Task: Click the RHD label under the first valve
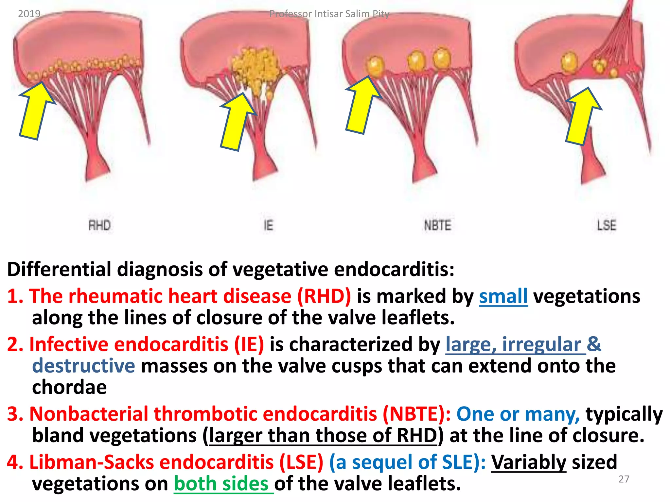(99, 225)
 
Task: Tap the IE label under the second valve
(268, 225)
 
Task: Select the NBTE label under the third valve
(437, 225)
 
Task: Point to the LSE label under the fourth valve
(607, 225)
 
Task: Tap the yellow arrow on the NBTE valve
(361, 106)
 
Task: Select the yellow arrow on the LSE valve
(582, 118)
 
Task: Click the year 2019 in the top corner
(29, 14)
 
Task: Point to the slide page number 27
(624, 479)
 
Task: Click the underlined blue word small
(503, 296)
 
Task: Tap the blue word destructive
(83, 365)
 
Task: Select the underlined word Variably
(528, 462)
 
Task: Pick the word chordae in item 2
(69, 387)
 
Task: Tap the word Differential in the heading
(59, 269)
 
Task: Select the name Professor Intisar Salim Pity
(329, 14)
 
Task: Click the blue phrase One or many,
(518, 414)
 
